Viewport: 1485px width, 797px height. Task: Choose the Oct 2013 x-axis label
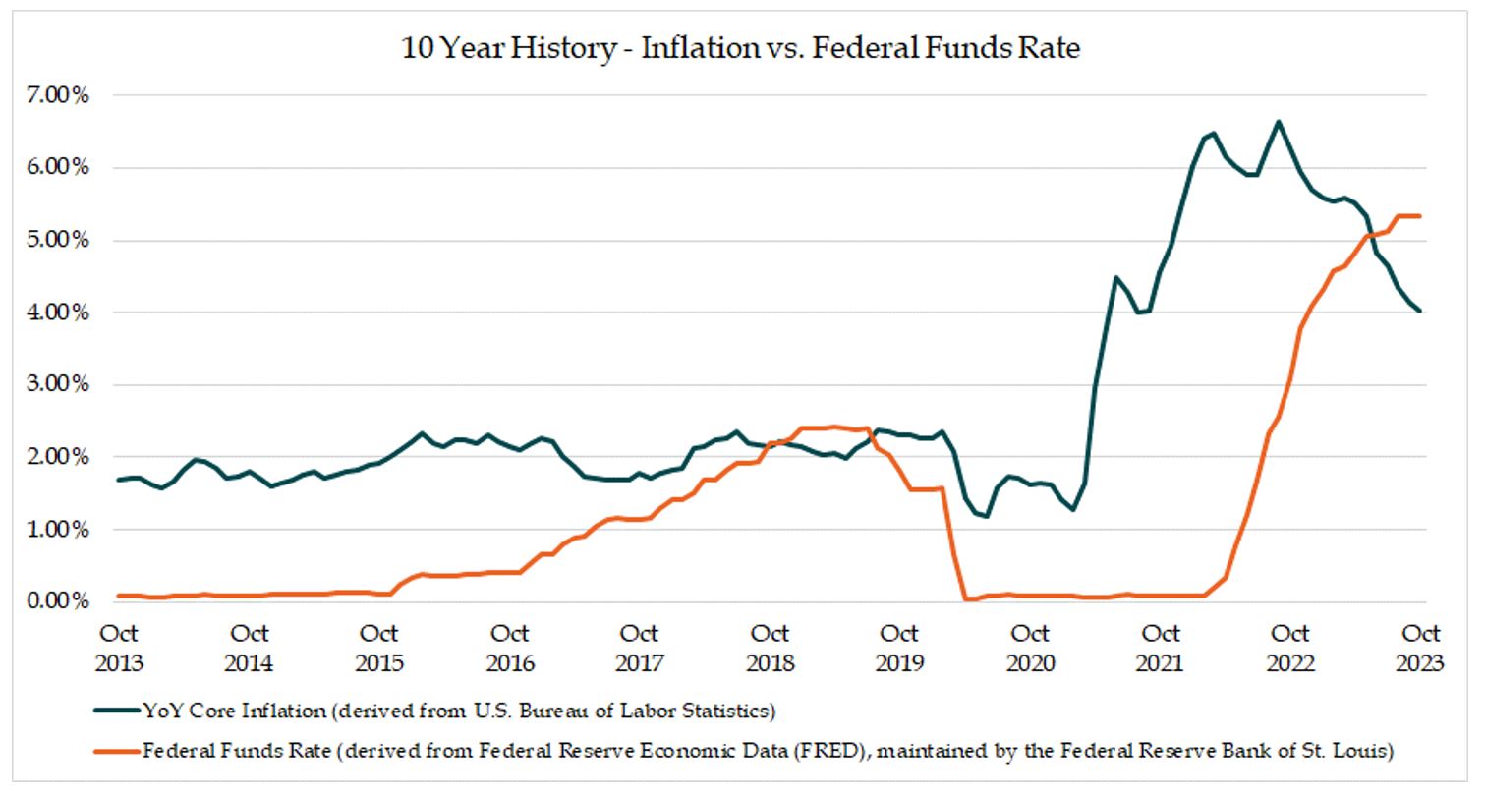click(119, 649)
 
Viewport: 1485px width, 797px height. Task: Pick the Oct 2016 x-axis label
click(509, 649)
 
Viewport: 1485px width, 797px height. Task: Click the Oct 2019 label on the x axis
click(899, 649)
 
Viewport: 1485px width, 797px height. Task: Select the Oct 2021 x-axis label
click(1160, 649)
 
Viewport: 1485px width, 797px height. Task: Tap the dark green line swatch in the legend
click(116, 710)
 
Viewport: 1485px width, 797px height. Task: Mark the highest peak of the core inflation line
click(1278, 122)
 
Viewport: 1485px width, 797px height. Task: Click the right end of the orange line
click(1419, 216)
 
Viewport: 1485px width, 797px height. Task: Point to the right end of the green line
click(1419, 312)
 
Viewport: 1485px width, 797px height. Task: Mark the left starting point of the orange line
click(119, 596)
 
